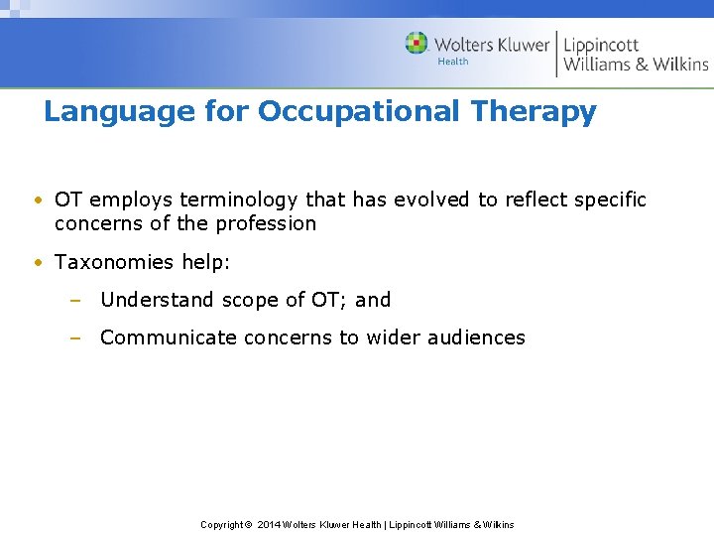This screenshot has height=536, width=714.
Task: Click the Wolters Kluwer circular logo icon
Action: coord(416,44)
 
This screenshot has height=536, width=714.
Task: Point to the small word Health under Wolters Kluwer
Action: coord(453,62)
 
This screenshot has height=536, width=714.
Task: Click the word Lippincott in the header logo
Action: coord(601,45)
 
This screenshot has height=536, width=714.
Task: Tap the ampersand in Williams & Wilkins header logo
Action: coord(644,65)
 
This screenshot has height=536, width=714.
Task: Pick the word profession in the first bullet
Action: coord(263,223)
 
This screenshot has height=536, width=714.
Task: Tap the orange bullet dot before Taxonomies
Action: coord(37,263)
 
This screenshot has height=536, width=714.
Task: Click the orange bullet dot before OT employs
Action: coord(37,201)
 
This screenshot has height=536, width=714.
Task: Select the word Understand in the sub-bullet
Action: coord(157,300)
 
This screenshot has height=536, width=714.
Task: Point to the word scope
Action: coord(248,300)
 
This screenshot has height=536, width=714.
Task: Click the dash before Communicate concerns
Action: coord(74,337)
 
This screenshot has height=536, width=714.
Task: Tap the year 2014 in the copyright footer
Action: coord(269,524)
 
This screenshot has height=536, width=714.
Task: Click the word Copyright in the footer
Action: coord(221,524)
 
